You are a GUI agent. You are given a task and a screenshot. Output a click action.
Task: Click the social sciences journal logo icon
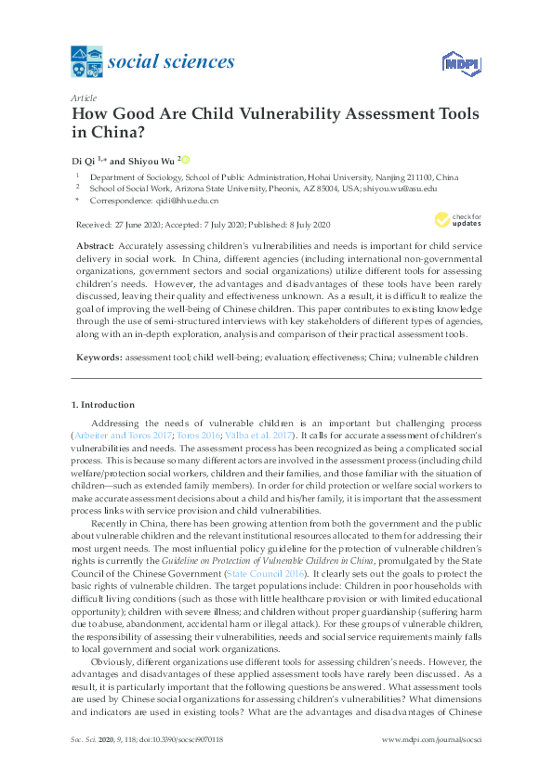pos(87,62)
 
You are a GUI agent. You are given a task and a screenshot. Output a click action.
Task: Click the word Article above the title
pos(84,98)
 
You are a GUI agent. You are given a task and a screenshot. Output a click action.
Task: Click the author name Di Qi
pos(85,159)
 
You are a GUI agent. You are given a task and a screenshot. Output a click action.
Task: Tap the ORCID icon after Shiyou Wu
pos(185,159)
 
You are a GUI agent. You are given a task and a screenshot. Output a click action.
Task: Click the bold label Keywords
pos(97,357)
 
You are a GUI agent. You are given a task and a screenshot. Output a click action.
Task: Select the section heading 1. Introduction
pos(103,405)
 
